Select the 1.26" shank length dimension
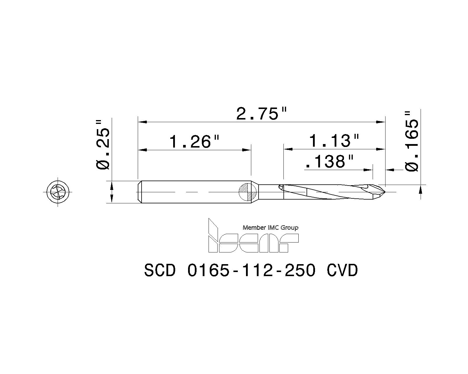194,142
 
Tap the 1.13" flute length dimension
333,141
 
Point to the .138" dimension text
329,162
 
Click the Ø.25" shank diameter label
103,144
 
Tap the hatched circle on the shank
248,192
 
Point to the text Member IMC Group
271,228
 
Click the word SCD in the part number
160,271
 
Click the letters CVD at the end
342,271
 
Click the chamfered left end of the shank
140,192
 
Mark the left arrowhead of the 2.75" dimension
142,122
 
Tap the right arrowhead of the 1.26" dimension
247,150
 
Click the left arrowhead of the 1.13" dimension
288,149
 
